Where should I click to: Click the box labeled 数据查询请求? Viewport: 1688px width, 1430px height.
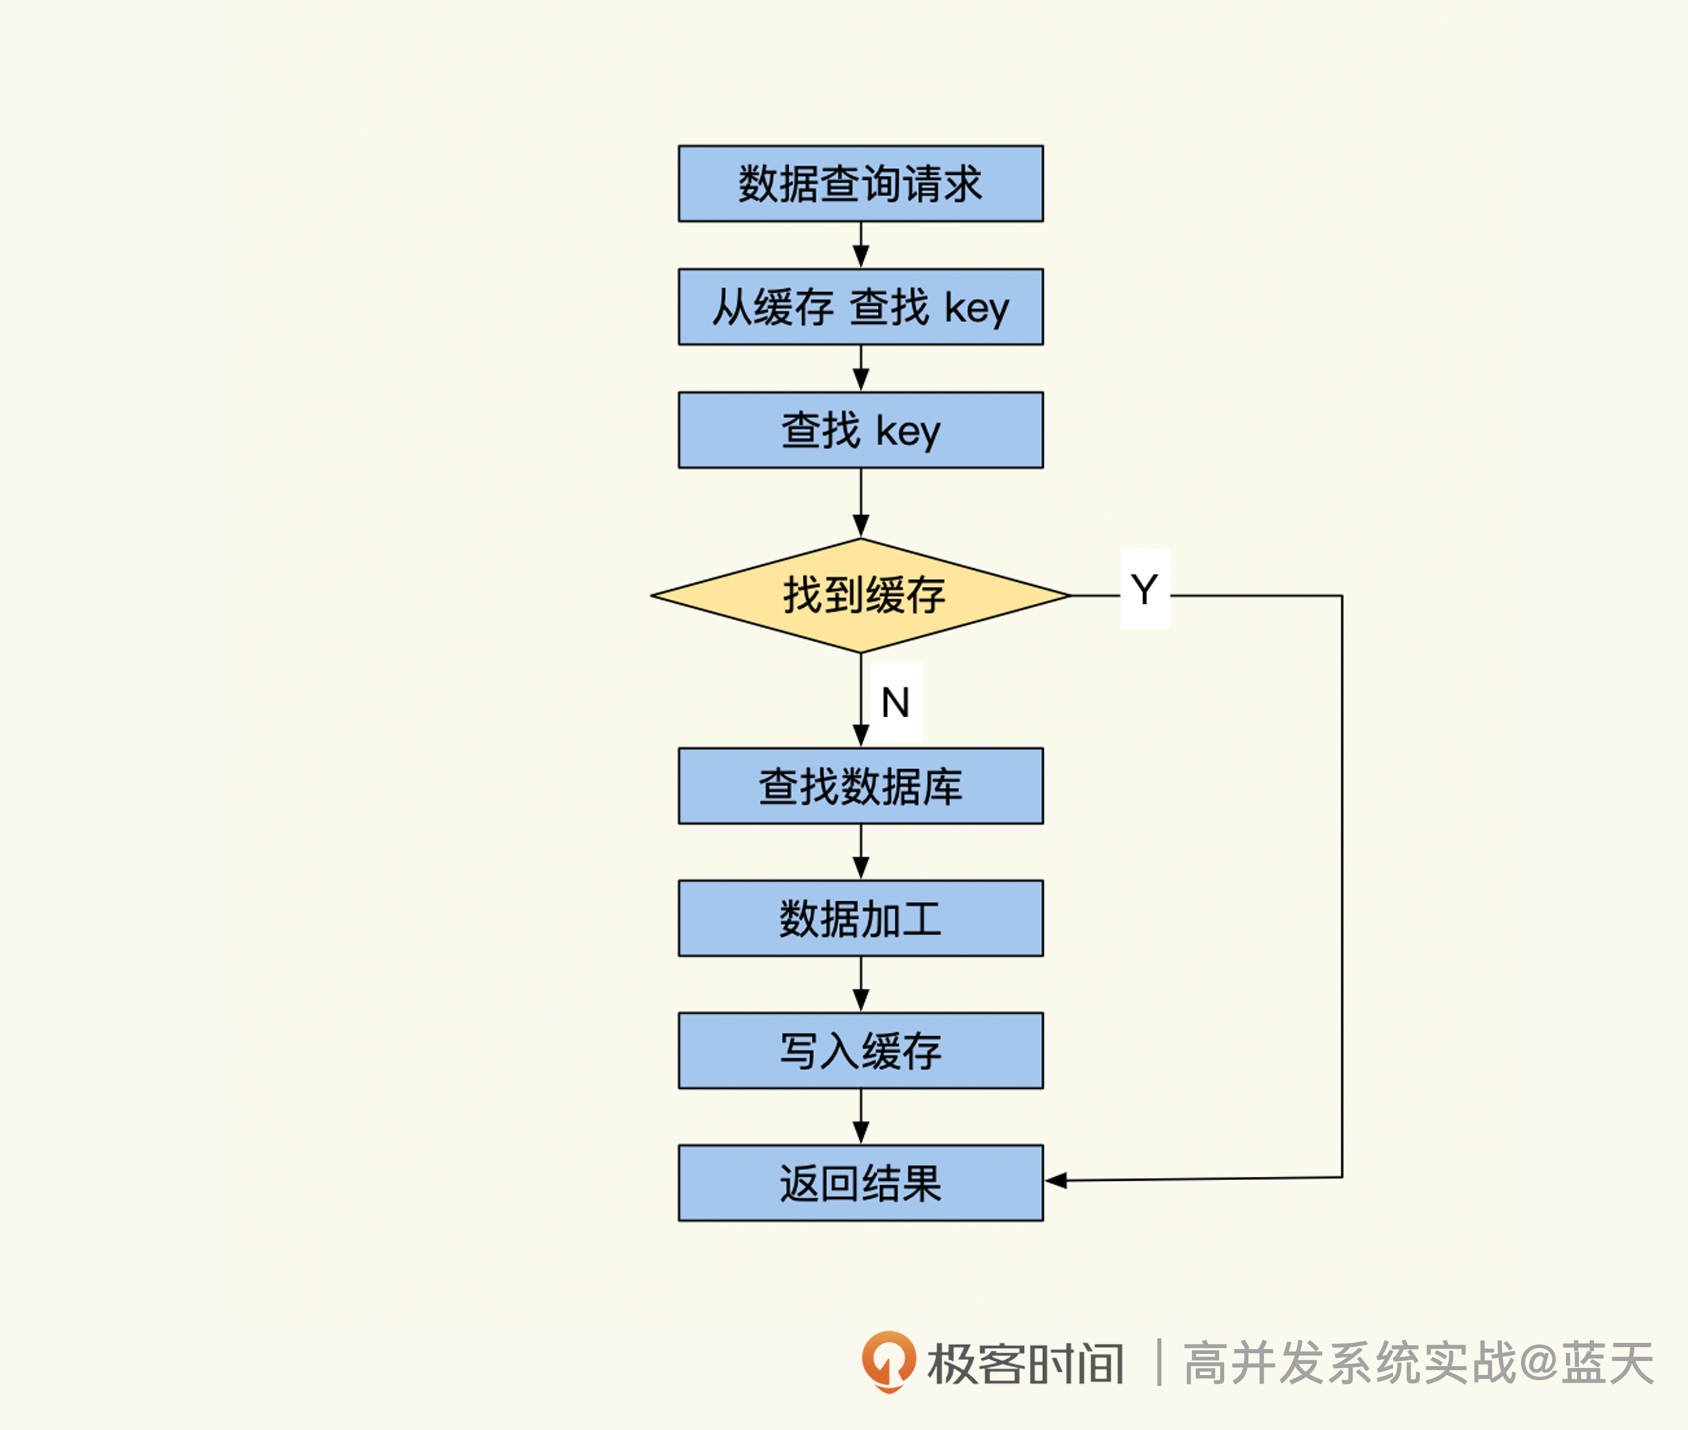pyautogui.click(x=861, y=183)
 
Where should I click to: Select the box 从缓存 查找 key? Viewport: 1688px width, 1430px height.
pyautogui.click(x=861, y=306)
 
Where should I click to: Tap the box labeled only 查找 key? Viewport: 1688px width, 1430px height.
pyautogui.click(x=861, y=430)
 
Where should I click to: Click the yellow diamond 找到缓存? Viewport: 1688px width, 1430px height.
pyautogui.click(x=861, y=596)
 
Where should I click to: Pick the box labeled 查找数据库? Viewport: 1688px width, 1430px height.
pyautogui.click(x=861, y=785)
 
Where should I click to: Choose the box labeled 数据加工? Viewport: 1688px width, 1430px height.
pyautogui.click(x=861, y=918)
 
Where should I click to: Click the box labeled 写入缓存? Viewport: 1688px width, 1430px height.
pyautogui.click(x=861, y=1050)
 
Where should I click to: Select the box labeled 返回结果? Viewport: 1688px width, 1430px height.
pyautogui.click(x=861, y=1183)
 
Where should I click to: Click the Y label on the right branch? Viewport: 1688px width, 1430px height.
pyautogui.click(x=1144, y=589)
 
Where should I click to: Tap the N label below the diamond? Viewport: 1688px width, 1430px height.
pyautogui.click(x=895, y=702)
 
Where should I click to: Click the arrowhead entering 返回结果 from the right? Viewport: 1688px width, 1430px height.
pyautogui.click(x=1055, y=1180)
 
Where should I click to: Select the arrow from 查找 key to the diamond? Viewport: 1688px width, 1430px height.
pyautogui.click(x=861, y=502)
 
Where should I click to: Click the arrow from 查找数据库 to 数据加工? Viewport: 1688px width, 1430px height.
pyautogui.click(x=861, y=852)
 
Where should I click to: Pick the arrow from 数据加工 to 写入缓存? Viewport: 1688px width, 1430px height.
pyautogui.click(x=861, y=984)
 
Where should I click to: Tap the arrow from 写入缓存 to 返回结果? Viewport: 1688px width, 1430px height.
pyautogui.click(x=861, y=1116)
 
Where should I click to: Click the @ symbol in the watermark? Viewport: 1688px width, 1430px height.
pyautogui.click(x=1538, y=1362)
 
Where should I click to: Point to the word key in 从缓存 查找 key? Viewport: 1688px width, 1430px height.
pyautogui.click(x=977, y=309)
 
